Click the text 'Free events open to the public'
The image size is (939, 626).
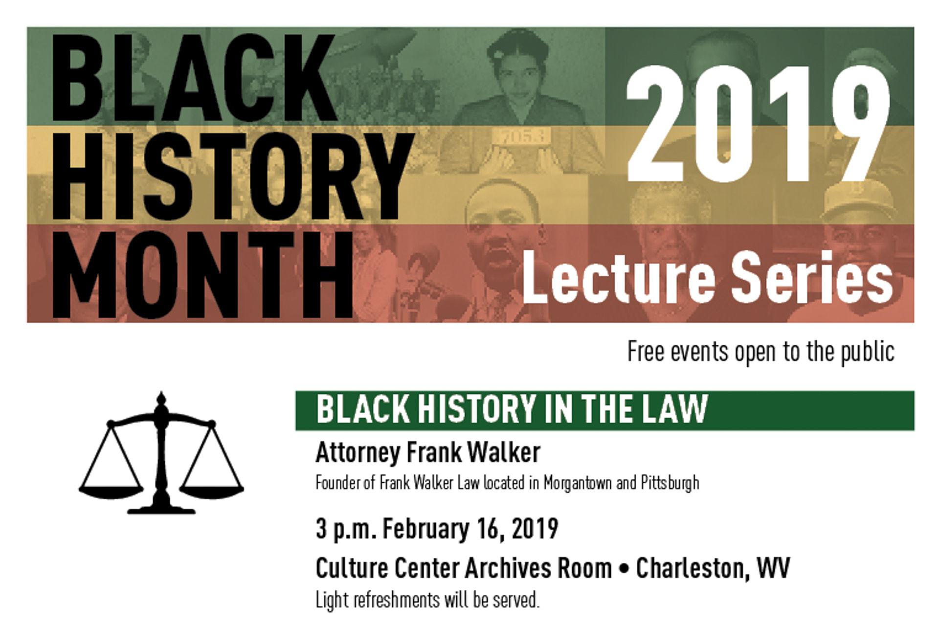[x=761, y=352]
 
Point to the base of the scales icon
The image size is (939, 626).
[x=161, y=509]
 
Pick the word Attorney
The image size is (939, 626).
[x=357, y=453]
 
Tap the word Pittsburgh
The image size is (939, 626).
[x=670, y=483]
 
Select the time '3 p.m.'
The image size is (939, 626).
[x=346, y=530]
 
